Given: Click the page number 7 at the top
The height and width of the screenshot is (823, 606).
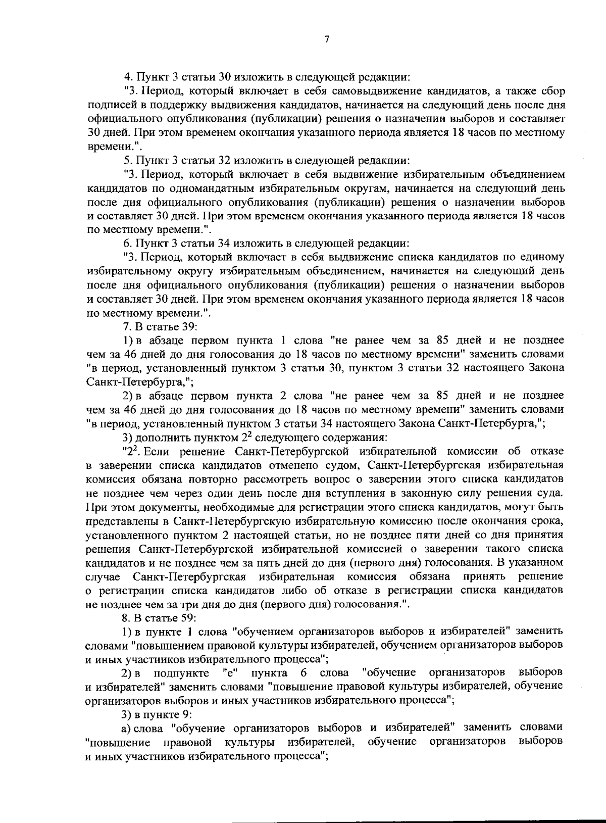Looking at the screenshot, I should pos(327,40).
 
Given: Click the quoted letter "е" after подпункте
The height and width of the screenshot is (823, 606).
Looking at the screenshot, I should pos(230,673).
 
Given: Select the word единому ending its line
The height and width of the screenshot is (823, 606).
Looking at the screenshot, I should pos(542,258).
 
